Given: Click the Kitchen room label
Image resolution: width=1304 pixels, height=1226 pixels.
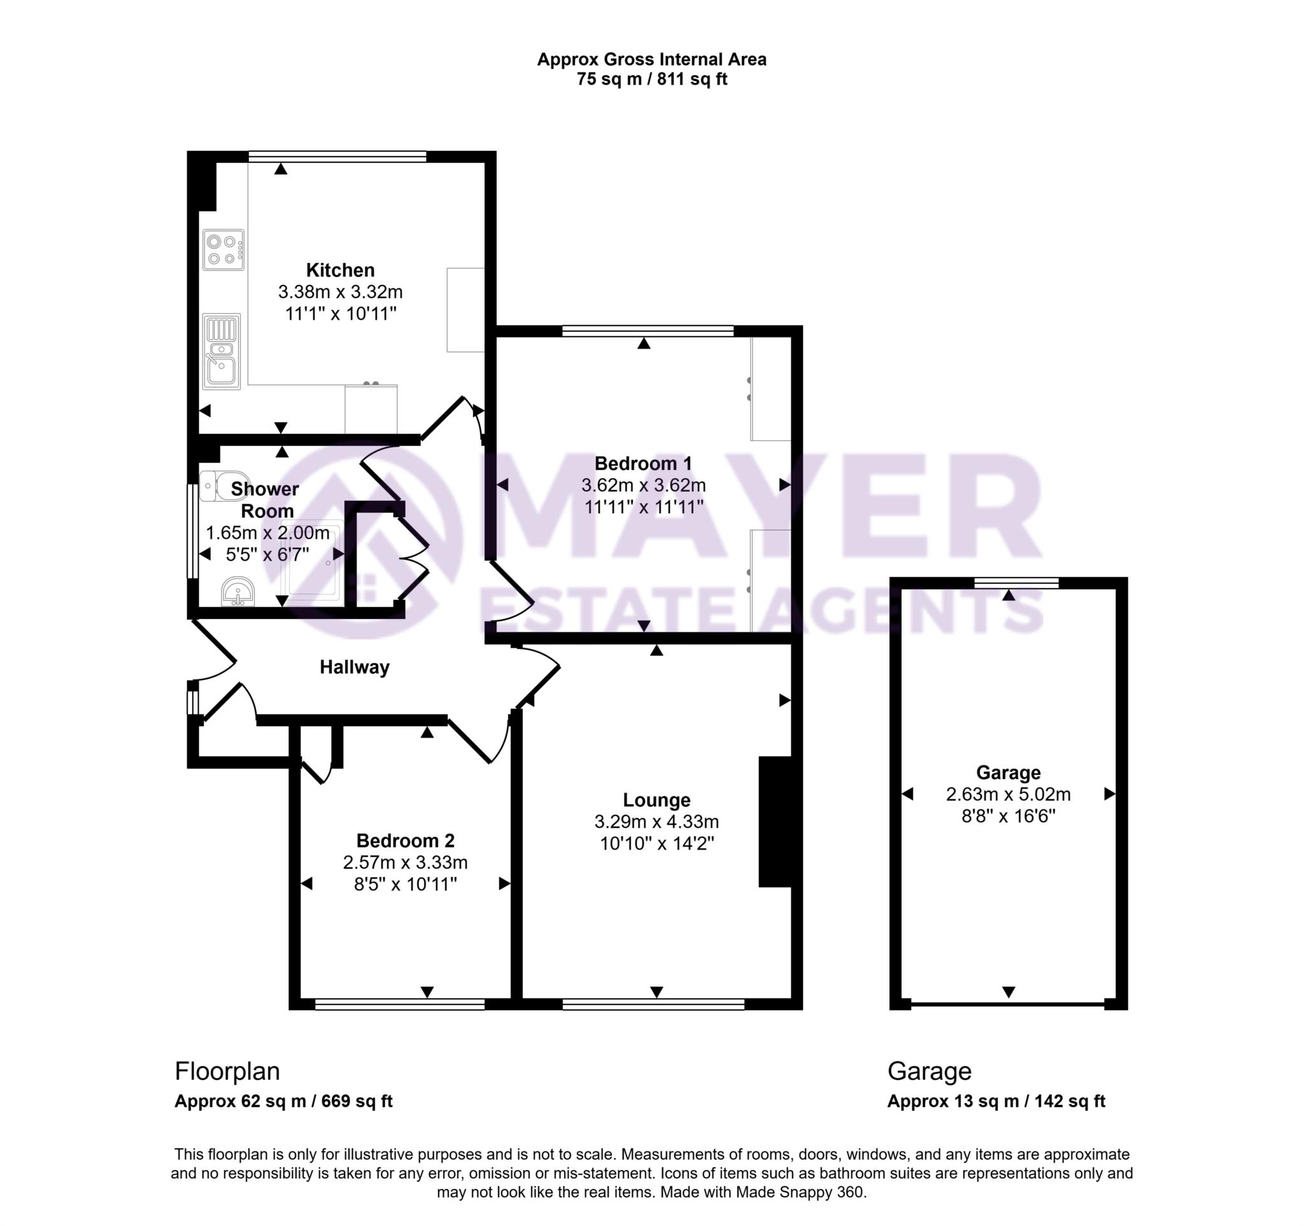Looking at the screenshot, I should pos(340,269).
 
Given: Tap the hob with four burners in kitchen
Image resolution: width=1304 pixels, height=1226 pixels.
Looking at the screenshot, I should pos(223,249).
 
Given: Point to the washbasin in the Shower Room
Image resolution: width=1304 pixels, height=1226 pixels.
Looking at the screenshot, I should pos(237,592).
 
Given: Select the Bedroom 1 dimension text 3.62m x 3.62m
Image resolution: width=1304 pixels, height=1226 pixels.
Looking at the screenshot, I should pos(643,485).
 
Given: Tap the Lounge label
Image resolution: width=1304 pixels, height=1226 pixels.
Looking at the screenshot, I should pos(656,800).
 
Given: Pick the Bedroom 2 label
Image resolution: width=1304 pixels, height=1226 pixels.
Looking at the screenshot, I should pos(405,840).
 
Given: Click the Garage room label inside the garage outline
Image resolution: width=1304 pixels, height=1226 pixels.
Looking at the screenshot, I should pos(1007,772).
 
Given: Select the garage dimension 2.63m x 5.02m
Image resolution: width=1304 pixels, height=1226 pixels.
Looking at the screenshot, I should pos(1007,794).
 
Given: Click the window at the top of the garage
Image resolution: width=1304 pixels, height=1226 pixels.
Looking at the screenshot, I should pos(1016,583).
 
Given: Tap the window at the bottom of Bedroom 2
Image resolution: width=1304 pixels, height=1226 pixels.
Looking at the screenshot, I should pos(399,1004).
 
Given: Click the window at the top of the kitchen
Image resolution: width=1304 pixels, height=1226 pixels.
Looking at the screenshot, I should pos(337,156).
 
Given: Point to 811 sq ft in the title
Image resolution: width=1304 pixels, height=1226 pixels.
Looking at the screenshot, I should pos(695,80).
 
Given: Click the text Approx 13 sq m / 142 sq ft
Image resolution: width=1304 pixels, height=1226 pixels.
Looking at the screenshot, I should pos(996,1101).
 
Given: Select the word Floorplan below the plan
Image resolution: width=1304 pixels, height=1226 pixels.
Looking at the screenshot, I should pos(227,1071).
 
